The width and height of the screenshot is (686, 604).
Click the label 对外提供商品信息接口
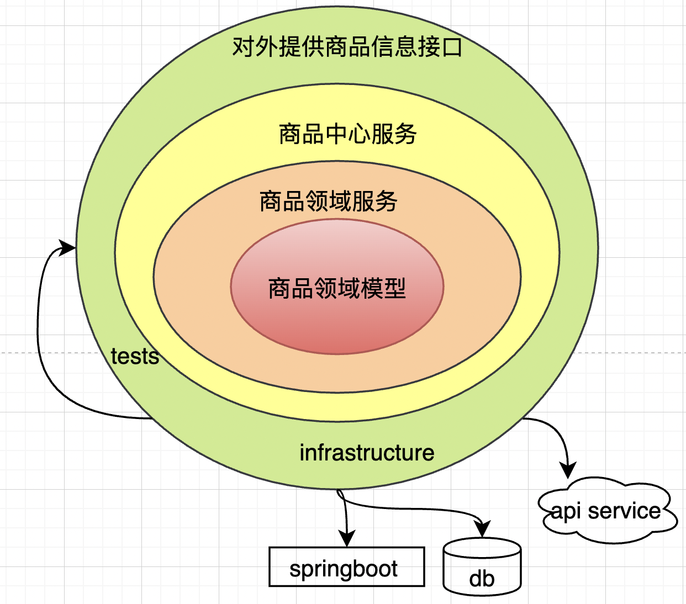(347, 46)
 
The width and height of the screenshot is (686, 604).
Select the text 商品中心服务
(347, 134)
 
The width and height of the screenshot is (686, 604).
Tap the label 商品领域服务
(329, 201)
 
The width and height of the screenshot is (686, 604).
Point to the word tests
(135, 357)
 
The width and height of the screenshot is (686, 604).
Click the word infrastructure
(367, 453)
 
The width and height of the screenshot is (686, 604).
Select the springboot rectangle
(346, 567)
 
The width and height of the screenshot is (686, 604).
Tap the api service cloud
(606, 511)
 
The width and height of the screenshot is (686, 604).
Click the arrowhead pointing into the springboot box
(347, 538)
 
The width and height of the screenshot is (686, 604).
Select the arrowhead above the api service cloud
(568, 470)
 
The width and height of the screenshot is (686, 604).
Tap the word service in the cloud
(624, 511)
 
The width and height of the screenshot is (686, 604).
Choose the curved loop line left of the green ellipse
(40, 342)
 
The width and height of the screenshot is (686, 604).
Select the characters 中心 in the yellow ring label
(347, 134)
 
